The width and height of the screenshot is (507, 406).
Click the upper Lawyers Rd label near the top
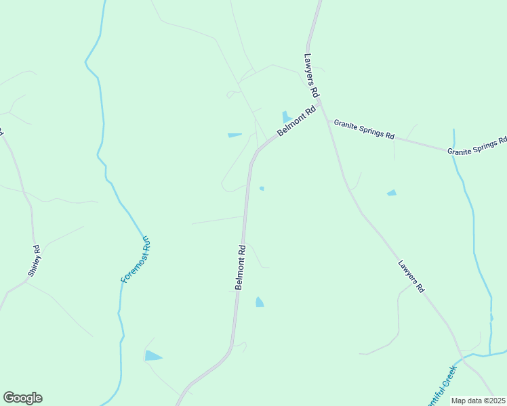pos(311,74)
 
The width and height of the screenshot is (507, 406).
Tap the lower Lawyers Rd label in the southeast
pos(411,276)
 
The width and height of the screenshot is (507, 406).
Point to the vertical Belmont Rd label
pos(241,268)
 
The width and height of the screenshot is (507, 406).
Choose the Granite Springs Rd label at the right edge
pos(477,147)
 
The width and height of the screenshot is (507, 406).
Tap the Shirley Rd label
pos(35,261)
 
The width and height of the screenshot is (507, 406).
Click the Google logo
pos(22,398)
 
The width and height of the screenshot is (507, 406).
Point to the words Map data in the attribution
pos(467,401)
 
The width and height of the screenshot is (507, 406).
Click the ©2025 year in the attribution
pos(494,401)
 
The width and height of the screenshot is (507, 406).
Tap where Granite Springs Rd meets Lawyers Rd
pos(328,121)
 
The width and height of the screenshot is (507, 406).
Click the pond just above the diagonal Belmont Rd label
pos(286,117)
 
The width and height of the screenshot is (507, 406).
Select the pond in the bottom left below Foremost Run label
pos(153,355)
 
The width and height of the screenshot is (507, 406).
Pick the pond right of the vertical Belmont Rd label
pos(259,302)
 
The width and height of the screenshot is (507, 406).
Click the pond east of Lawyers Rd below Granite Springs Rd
pos(391,193)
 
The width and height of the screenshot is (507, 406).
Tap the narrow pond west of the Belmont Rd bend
pos(235,135)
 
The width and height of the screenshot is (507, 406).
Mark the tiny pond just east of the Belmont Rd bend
pos(262,189)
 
